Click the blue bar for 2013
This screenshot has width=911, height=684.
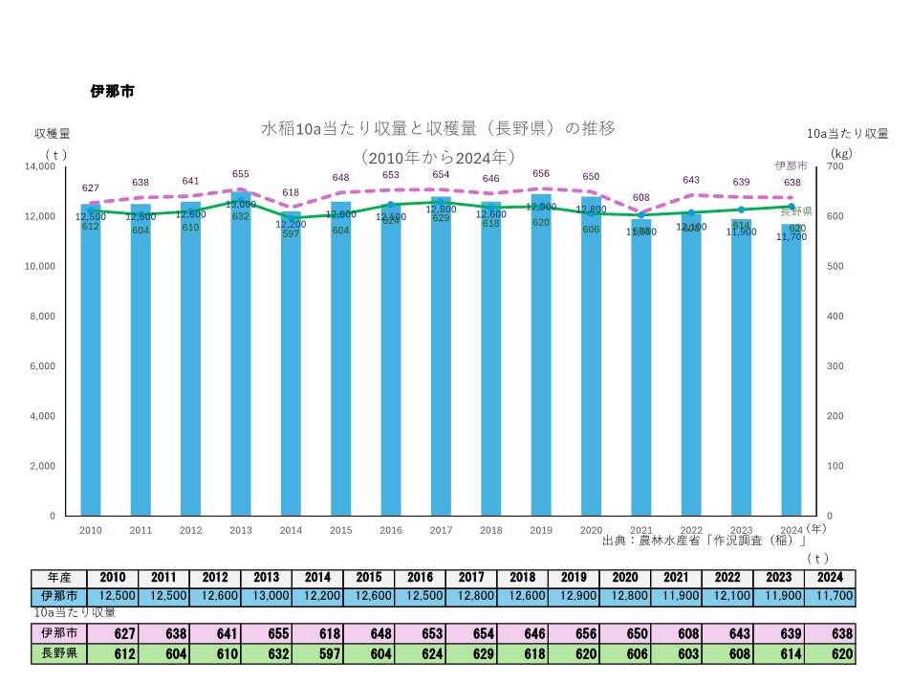click(x=241, y=364)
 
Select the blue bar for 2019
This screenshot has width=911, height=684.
click(x=541, y=364)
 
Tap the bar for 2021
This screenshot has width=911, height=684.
click(x=641, y=373)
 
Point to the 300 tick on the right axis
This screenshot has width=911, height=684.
click(x=835, y=365)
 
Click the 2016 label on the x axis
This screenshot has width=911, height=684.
click(x=391, y=530)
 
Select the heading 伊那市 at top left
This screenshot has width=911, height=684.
click(x=112, y=92)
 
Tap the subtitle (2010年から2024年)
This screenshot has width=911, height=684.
click(x=439, y=156)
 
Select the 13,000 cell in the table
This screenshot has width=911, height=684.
click(x=264, y=596)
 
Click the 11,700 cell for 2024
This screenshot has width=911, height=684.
click(x=830, y=596)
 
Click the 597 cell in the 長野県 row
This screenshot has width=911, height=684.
click(x=315, y=653)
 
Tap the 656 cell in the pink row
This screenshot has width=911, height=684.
click(x=573, y=634)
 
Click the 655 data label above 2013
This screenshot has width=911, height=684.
click(x=241, y=174)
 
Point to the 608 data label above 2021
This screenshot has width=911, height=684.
click(x=641, y=197)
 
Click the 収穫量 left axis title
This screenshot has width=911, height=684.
click(x=52, y=133)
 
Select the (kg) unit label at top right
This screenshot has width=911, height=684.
click(x=841, y=153)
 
